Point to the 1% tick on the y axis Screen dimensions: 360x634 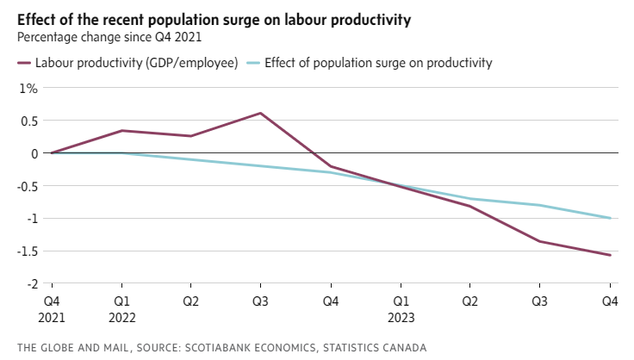coord(29,88)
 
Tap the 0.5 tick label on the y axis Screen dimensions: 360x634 coord(29,121)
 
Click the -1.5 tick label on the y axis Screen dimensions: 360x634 coord(28,251)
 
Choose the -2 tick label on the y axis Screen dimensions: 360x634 coord(33,283)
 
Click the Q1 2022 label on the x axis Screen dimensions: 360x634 coord(121,309)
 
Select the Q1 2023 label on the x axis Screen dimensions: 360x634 coord(401,309)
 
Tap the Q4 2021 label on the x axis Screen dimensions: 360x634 coord(52,309)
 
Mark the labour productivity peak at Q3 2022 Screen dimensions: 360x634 coord(261,113)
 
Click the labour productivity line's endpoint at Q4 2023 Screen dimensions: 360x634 coord(611,255)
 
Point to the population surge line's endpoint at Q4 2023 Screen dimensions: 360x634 coord(611,218)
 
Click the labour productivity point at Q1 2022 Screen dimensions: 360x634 coord(121,131)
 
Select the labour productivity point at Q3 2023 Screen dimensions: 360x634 coord(540,241)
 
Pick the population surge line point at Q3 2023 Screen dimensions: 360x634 coord(540,205)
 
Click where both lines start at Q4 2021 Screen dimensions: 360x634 coord(52,153)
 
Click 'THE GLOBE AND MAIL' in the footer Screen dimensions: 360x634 coord(72,347)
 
